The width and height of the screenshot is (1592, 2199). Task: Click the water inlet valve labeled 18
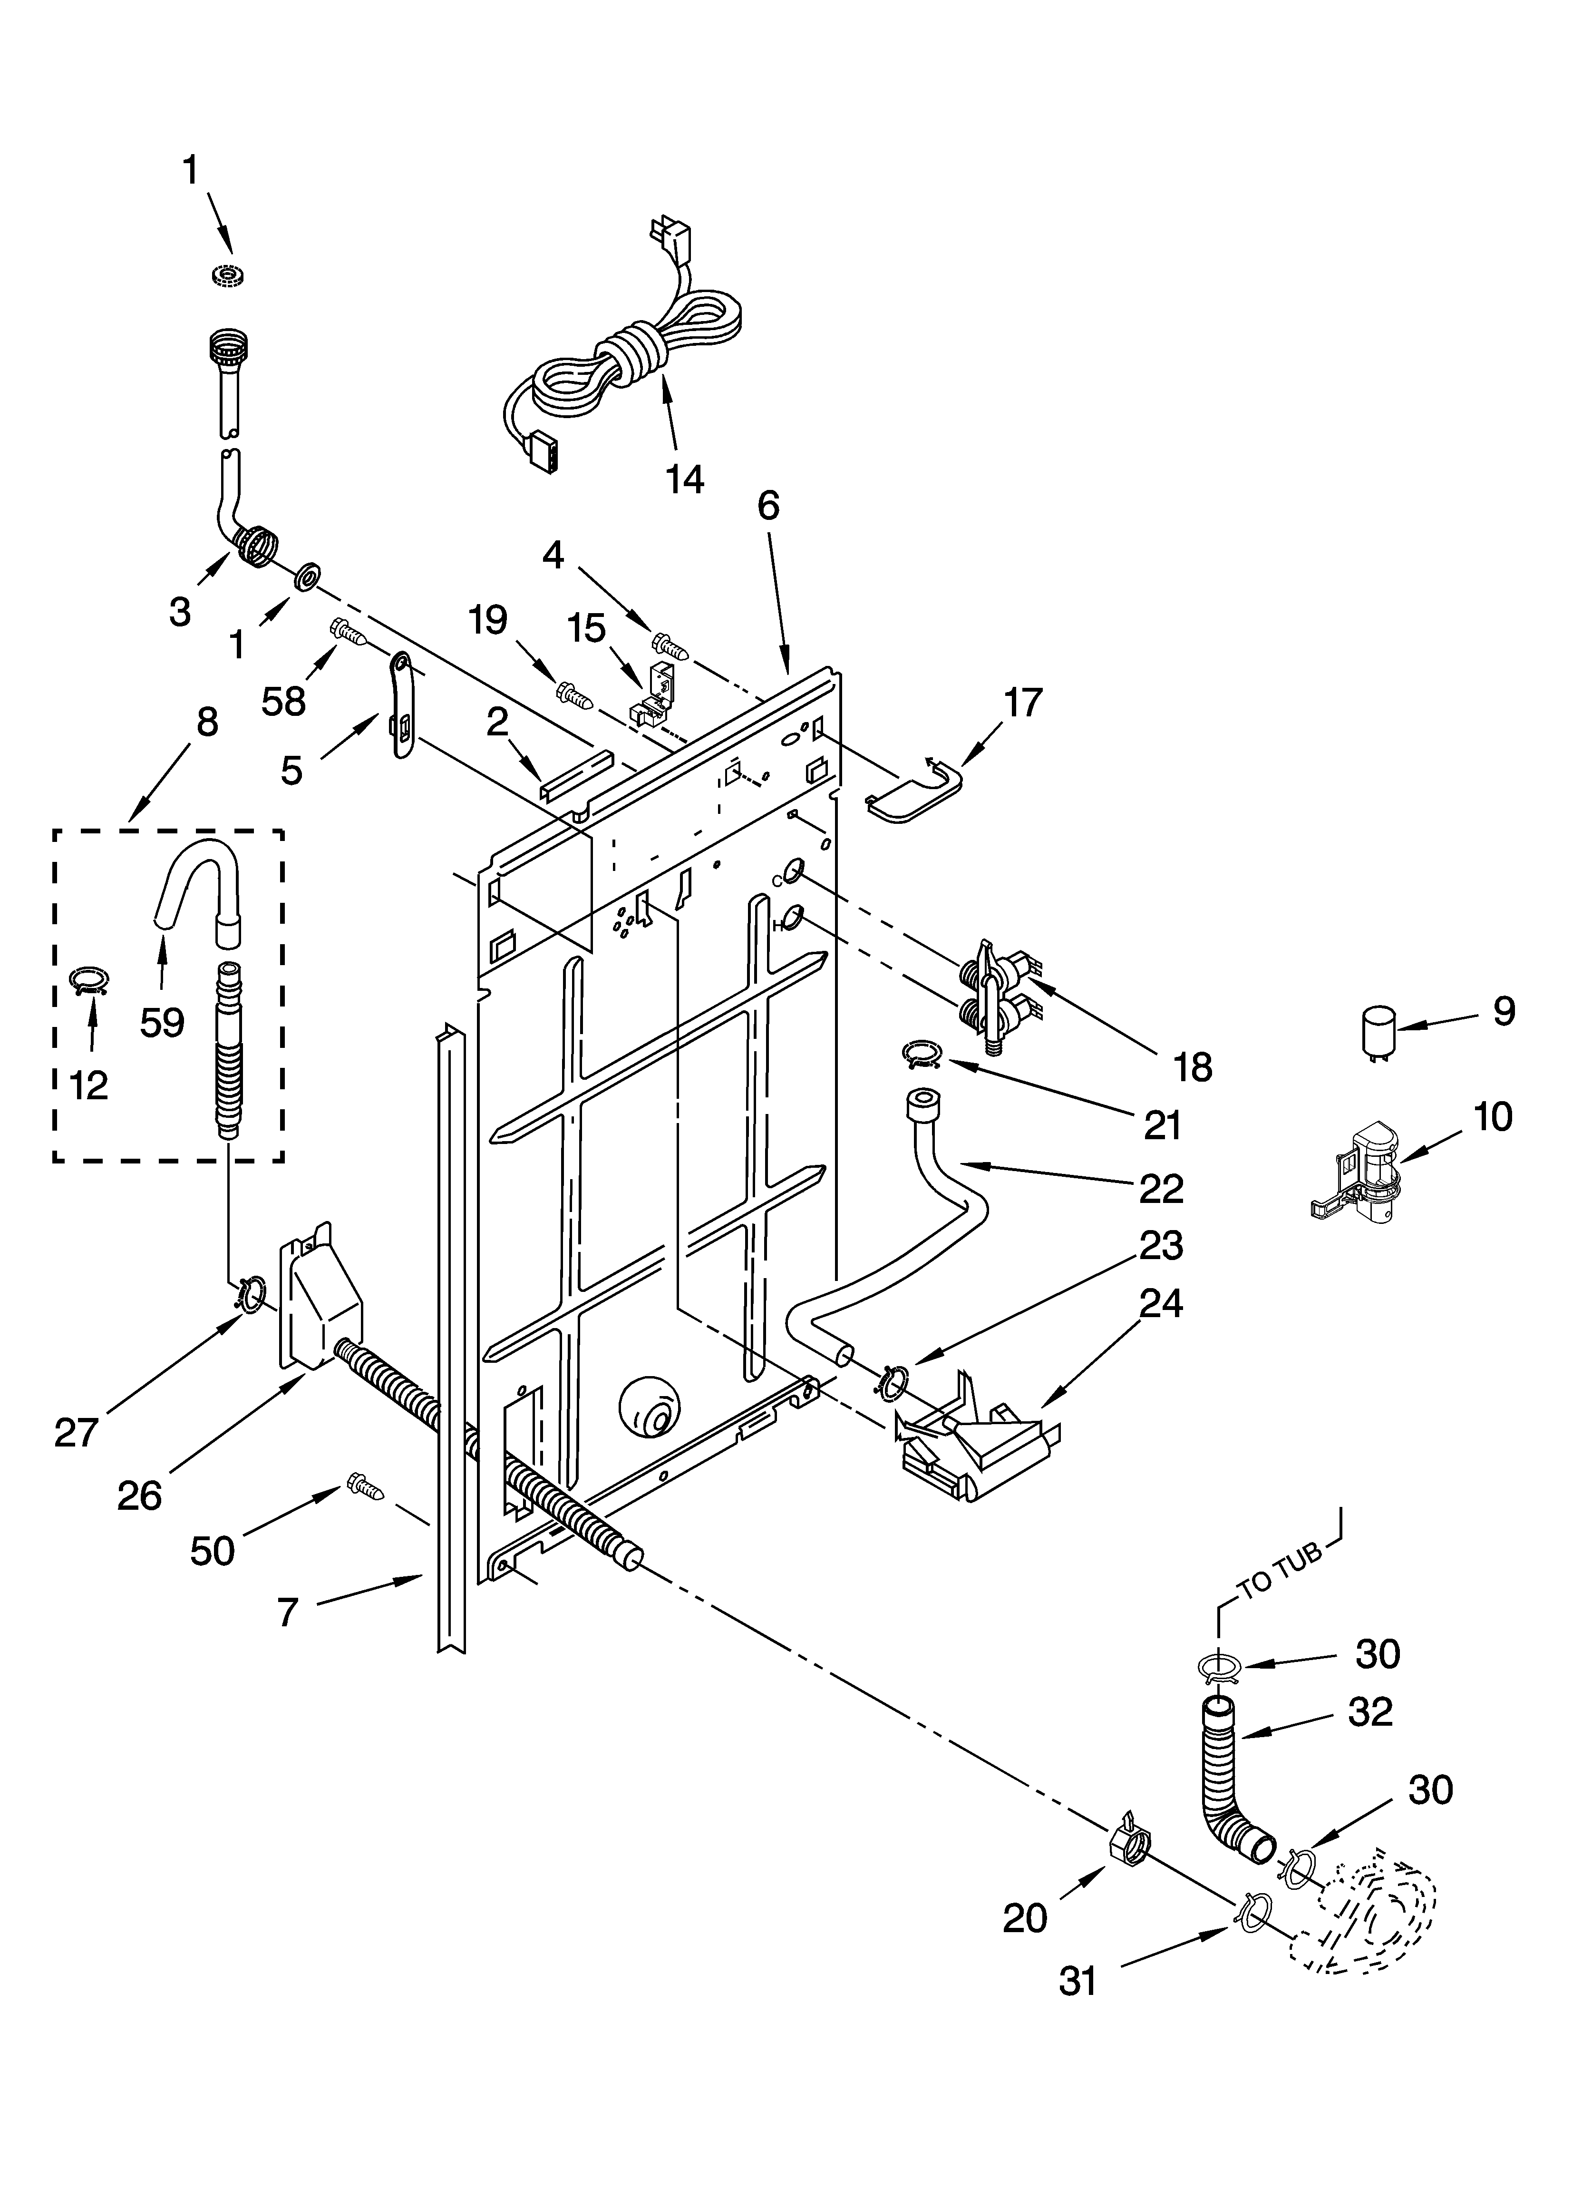coord(999,994)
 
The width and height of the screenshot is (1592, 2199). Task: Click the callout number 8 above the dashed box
coord(206,723)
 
